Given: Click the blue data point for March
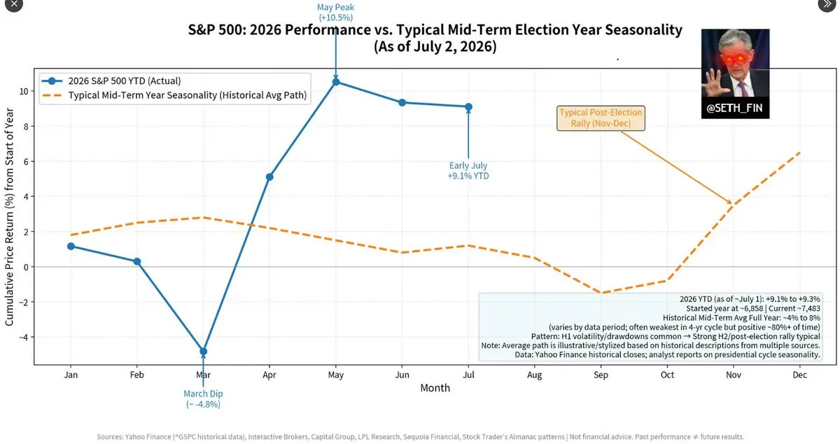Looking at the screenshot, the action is [203, 352].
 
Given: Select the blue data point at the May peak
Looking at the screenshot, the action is [336, 82].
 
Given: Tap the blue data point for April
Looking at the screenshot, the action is [269, 176].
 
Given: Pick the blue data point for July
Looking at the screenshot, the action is [468, 107].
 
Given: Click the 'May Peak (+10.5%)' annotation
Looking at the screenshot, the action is [335, 13].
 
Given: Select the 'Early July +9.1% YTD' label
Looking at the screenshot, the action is [468, 171].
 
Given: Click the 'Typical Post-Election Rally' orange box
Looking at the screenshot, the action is [601, 118].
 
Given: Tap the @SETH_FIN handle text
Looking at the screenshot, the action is [734, 108].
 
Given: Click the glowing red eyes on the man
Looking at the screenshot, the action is [734, 59].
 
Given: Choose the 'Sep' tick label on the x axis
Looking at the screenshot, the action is [601, 375].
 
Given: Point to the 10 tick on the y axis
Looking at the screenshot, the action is [24, 91].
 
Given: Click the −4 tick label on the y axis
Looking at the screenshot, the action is [24, 337].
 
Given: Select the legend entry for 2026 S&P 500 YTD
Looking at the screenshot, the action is [111, 81].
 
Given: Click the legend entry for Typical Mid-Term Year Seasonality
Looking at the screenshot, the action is [174, 95].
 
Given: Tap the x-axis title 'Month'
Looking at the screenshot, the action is [435, 388].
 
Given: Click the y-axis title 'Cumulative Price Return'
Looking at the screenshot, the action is [9, 217].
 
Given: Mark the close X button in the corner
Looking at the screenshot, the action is [14, 4].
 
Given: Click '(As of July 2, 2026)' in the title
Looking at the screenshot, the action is [435, 46].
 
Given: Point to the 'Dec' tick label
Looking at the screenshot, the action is [800, 375].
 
